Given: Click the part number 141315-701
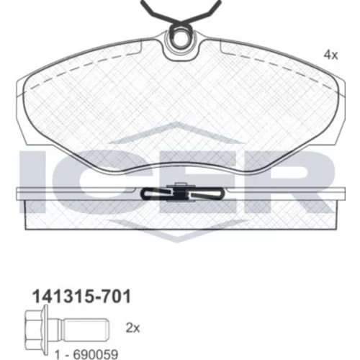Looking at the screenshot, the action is coord(81,297).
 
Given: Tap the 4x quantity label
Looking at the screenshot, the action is coord(330,55).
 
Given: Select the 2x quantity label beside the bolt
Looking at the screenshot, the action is coord(132,328).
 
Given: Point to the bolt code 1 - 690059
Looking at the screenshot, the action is coord(86,354).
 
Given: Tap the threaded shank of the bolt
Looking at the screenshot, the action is coord(86,330).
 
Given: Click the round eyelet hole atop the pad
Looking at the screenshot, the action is coord(181,38).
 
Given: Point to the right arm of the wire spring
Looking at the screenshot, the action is coord(204,12).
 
